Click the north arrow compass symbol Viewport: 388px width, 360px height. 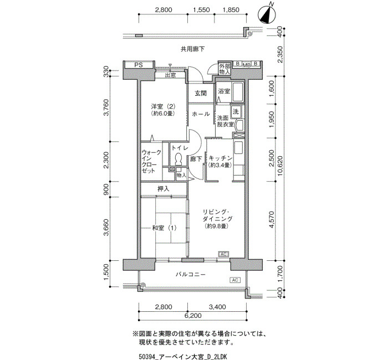pos(267,14)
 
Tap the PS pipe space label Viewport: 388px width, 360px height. pos(139,65)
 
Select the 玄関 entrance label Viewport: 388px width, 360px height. pos(201,94)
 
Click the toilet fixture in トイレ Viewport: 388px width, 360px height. pos(178,159)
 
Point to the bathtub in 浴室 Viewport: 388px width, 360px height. pos(237,92)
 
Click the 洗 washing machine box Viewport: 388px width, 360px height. pos(236,111)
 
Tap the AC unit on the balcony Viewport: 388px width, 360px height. pos(235,280)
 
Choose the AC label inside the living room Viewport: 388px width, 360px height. pos(223,254)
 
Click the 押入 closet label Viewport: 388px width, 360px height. pos(164,189)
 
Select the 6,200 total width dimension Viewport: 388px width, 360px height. pos(193,316)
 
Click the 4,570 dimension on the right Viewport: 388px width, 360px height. pos(272,219)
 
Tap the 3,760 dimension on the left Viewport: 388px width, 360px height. pos(106,107)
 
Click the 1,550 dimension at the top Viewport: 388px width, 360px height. pos(201,10)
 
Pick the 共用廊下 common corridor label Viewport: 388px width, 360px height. pos(192,49)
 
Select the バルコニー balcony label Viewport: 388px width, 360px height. pos(191,275)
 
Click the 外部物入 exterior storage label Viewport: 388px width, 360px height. pos(224,69)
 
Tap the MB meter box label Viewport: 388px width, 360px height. pos(247,65)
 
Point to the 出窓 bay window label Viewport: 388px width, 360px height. pos(171,75)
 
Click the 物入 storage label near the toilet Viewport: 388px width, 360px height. pos(181,175)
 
